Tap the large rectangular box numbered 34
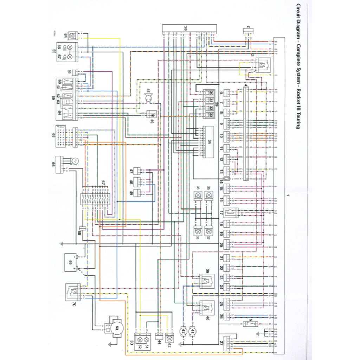210,142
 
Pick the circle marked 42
183,331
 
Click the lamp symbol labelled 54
73,36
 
